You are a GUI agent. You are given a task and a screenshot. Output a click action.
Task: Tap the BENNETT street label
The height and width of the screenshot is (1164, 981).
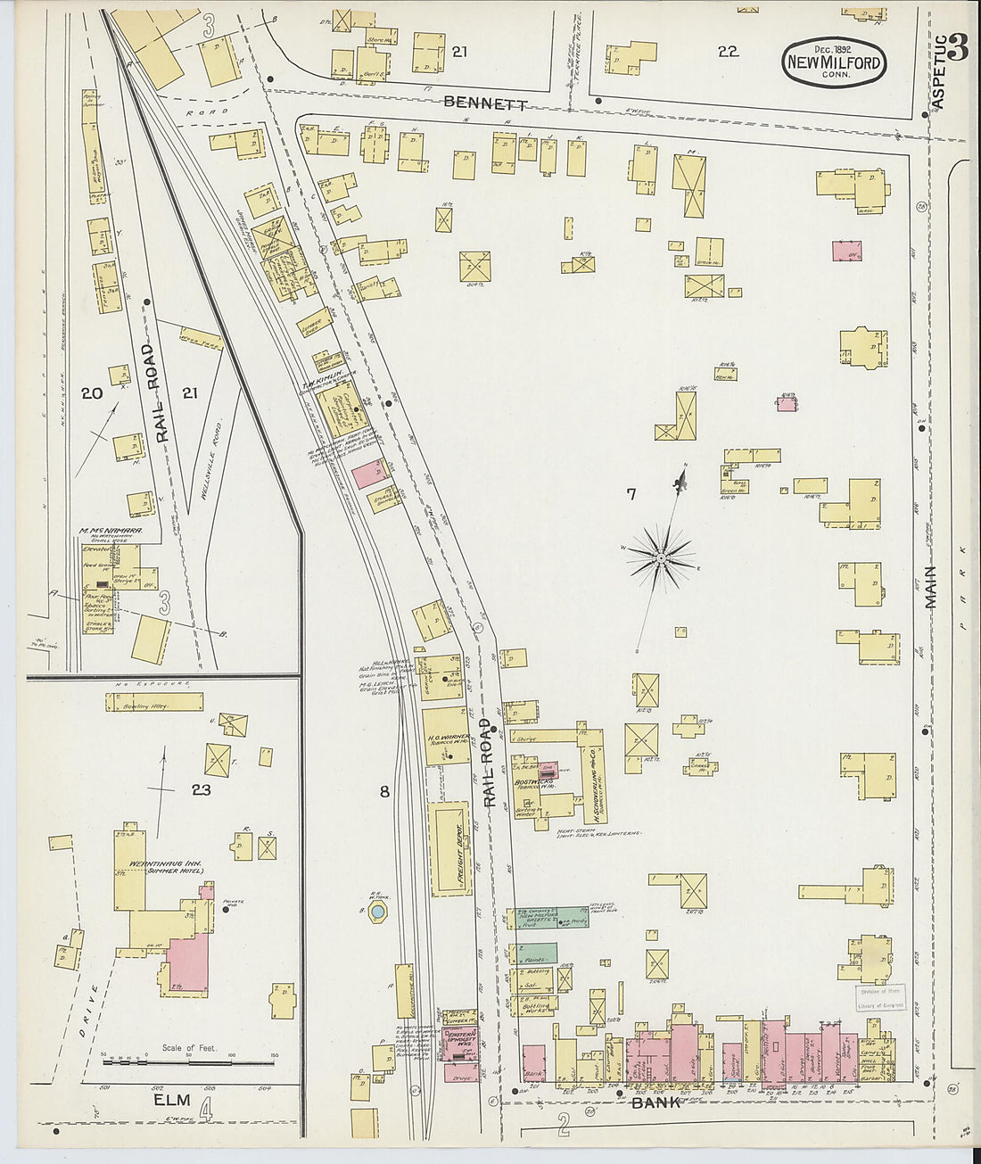[x=485, y=103]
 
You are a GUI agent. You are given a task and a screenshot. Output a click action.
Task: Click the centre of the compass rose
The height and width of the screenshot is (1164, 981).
[x=661, y=558]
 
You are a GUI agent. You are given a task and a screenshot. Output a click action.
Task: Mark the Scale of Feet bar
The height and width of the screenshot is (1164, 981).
[x=187, y=1062]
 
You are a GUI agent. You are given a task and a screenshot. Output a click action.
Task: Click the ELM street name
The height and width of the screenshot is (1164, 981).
[x=173, y=1101]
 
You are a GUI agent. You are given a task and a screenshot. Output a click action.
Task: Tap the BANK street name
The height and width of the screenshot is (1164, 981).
[x=656, y=1102]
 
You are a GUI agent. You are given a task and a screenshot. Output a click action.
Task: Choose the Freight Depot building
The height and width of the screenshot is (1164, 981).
[x=450, y=847]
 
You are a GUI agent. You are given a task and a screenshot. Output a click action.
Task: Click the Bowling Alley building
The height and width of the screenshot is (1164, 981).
[x=154, y=703]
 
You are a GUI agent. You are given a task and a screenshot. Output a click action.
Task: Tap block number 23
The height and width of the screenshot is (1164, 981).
[x=201, y=789]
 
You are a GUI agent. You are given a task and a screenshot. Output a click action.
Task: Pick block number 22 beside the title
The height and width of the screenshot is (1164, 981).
[x=728, y=52]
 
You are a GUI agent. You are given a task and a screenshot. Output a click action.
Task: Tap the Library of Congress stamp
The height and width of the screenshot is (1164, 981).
[x=879, y=997]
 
